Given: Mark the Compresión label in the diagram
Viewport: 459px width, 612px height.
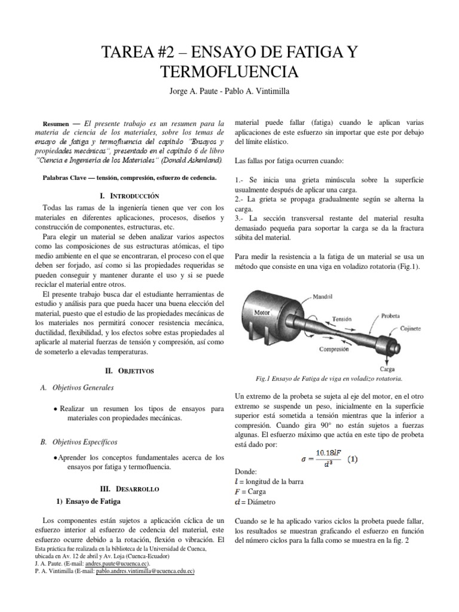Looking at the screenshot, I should (x=334, y=349).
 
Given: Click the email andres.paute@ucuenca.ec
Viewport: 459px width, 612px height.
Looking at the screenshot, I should (x=116, y=564).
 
